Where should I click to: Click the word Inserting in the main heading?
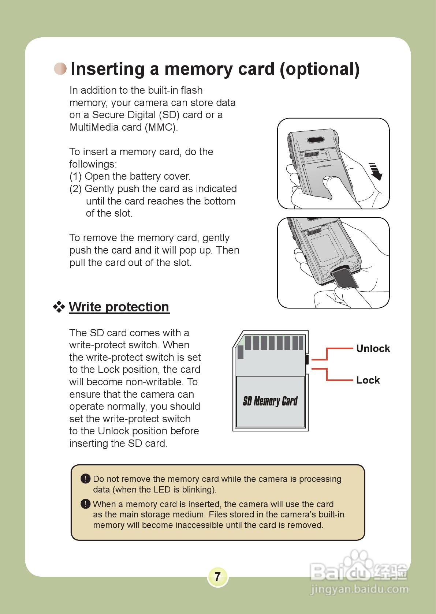point(108,69)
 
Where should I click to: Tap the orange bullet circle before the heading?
point(60,69)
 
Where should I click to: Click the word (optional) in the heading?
point(320,69)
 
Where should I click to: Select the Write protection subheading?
point(119,307)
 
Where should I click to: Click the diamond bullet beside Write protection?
point(59,307)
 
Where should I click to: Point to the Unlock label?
point(373,348)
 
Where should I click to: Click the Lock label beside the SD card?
point(368,380)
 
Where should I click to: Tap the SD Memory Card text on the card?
point(270,401)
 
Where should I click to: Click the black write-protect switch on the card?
point(307,359)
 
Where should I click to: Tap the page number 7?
point(217,577)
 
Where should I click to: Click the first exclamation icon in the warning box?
point(85,478)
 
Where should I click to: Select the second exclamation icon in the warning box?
point(85,504)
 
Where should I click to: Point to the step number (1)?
point(75,176)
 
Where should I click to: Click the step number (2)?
point(75,189)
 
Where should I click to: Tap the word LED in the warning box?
point(162,490)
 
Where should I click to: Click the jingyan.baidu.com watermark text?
point(359,589)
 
